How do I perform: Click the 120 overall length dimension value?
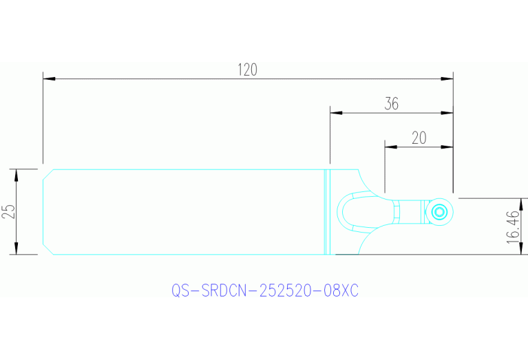[247, 70]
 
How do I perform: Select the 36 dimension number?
[392, 104]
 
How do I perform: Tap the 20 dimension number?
[419, 138]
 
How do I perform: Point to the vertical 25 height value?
[8, 211]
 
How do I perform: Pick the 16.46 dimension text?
[512, 226]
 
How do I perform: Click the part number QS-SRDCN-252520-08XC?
[264, 291]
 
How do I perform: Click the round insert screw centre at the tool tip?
[439, 211]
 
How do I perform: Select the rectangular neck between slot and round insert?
[412, 211]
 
